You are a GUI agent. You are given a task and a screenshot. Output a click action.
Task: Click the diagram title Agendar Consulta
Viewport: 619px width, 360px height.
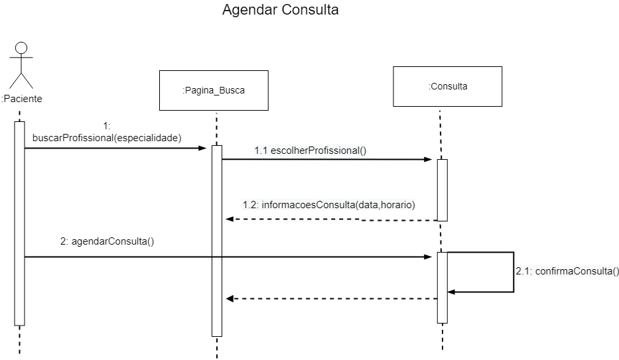(280, 11)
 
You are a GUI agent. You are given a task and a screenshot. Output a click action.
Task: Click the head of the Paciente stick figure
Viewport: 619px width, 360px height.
(21, 48)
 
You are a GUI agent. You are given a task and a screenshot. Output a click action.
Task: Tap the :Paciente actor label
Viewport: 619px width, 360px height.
(21, 99)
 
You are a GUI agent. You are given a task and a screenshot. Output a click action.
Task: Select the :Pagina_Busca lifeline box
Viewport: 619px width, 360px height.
(214, 90)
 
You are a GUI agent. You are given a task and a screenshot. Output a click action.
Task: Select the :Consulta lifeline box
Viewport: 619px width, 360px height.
(447, 86)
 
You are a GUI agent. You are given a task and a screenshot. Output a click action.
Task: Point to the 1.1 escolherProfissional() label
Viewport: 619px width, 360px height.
(310, 150)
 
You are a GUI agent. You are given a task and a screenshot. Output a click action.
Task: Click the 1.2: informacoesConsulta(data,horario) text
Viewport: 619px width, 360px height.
(328, 205)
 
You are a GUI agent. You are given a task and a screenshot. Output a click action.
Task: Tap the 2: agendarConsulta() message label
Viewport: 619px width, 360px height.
(107, 241)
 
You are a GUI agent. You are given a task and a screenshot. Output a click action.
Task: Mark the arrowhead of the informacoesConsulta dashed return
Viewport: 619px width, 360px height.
(230, 219)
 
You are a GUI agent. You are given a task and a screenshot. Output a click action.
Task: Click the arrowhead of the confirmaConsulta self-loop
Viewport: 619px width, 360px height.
(452, 292)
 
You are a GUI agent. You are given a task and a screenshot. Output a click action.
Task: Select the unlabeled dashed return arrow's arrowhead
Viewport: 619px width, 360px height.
(230, 299)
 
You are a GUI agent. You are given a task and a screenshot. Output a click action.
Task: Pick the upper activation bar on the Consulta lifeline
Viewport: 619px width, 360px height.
(442, 190)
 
